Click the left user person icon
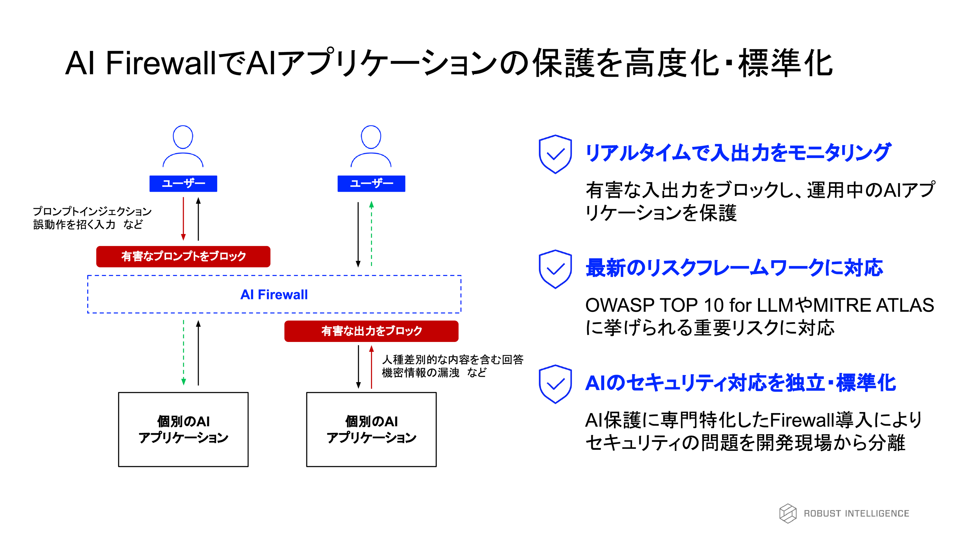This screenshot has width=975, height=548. [183, 146]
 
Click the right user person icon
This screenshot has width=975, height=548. [371, 146]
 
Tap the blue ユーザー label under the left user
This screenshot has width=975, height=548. [183, 184]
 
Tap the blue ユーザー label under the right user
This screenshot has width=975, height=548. [371, 184]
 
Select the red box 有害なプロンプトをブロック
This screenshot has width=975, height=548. [183, 257]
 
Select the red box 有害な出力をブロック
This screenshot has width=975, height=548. [371, 331]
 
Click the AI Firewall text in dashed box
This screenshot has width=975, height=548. [274, 295]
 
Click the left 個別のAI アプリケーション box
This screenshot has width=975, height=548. [183, 430]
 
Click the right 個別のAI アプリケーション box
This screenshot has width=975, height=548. [371, 430]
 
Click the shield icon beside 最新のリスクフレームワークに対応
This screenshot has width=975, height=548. [555, 269]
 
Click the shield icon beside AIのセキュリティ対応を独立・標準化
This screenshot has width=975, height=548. [555, 384]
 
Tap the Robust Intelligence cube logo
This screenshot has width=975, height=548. [788, 513]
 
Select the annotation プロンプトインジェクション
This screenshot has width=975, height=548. [92, 211]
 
